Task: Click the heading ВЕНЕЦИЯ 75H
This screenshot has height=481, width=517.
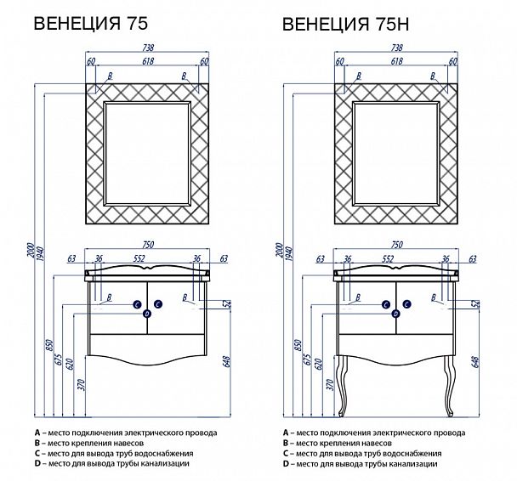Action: pos(346,25)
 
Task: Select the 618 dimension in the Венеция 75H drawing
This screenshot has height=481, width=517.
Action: pos(397,63)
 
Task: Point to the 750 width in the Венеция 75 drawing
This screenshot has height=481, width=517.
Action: pos(148,246)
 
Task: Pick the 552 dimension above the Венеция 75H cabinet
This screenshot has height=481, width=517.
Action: pos(397,258)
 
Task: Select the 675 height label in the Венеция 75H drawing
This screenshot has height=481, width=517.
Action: pos(308,359)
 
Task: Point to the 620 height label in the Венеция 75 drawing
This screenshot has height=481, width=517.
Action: pos(69,365)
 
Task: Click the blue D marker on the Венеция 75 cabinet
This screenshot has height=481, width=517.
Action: pos(147,314)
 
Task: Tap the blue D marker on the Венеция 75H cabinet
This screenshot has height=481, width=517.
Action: pos(396,314)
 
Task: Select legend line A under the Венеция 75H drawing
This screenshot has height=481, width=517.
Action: pos(374,433)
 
